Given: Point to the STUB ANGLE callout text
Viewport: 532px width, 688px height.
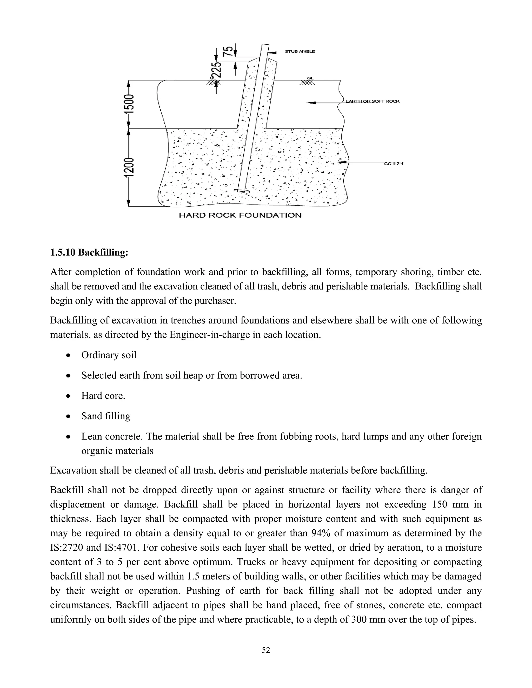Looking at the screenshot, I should [x=300, y=52].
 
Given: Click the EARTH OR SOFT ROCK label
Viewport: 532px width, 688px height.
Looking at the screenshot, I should [x=372, y=102].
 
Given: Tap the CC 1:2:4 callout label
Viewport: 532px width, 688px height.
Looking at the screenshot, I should [x=394, y=164].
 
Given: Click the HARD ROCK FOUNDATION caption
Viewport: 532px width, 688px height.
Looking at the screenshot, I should [x=240, y=215].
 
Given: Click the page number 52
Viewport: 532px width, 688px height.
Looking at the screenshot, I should [x=266, y=650].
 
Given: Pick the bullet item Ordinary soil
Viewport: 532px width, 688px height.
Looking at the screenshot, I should [x=109, y=355].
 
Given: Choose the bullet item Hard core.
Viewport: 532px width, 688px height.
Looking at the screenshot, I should [x=103, y=396].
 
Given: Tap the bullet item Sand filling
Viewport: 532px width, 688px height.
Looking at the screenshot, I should [x=105, y=416].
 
